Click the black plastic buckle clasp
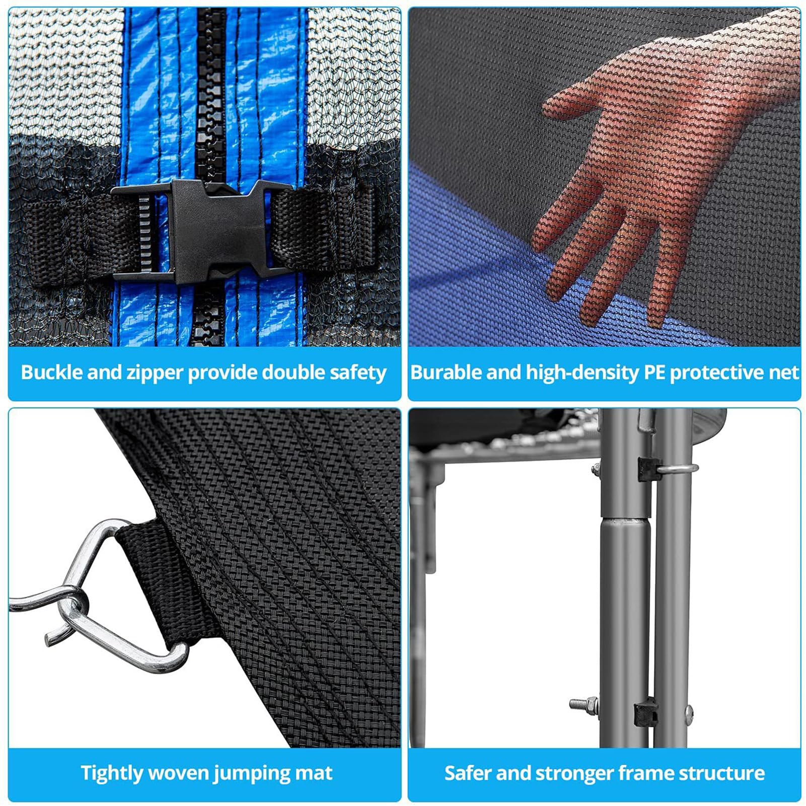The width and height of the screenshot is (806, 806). tap(201, 230)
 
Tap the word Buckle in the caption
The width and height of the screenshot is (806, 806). tap(52, 373)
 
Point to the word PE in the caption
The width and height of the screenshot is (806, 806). tap(655, 373)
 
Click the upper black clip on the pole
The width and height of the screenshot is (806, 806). tap(647, 469)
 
